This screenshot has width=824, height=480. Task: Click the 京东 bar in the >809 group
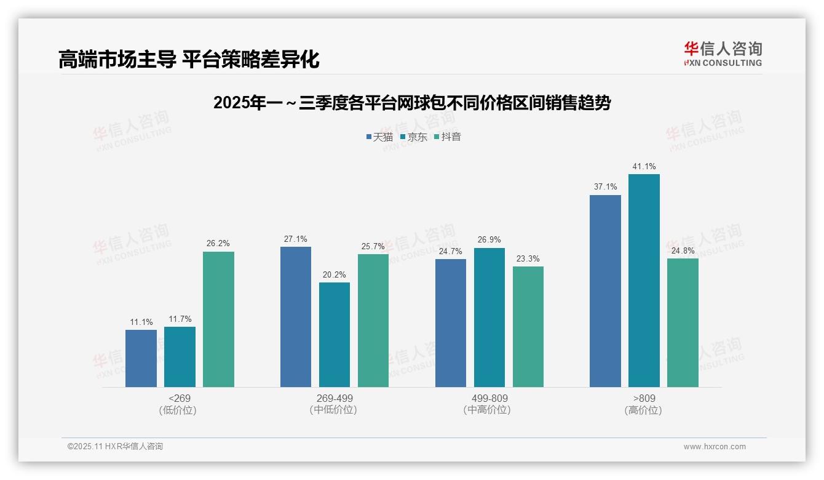click(644, 281)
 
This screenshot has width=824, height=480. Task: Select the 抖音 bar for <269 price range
click(218, 319)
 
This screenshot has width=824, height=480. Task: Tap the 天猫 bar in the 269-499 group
click(296, 317)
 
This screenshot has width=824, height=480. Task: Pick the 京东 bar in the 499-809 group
click(489, 318)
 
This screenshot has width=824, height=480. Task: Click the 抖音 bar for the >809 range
click(683, 322)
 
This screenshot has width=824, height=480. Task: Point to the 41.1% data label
click(644, 166)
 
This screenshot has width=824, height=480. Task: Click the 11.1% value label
click(141, 322)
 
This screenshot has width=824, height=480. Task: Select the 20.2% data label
click(335, 275)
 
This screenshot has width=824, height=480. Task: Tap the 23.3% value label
click(528, 259)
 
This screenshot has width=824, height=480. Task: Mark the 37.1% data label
click(605, 187)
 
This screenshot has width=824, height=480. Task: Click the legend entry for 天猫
click(379, 137)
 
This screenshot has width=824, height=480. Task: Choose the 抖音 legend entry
click(448, 137)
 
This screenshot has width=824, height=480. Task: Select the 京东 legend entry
click(414, 137)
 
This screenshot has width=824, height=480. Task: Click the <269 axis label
click(180, 398)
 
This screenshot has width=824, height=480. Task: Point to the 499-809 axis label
click(489, 398)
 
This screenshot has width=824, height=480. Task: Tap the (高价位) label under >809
click(643, 410)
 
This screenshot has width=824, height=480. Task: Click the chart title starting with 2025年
click(412, 103)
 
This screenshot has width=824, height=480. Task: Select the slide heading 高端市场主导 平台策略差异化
click(189, 59)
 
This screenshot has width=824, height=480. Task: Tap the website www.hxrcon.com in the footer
click(715, 447)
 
